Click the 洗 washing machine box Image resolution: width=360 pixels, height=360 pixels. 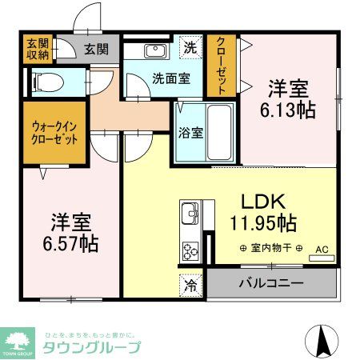click(190, 48)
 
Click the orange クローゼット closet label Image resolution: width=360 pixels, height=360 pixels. click(221, 66)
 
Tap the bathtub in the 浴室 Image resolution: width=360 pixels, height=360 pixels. click(219, 131)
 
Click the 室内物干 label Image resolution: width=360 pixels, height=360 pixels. click(270, 248)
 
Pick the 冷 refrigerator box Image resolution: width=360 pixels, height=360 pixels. click(191, 282)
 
